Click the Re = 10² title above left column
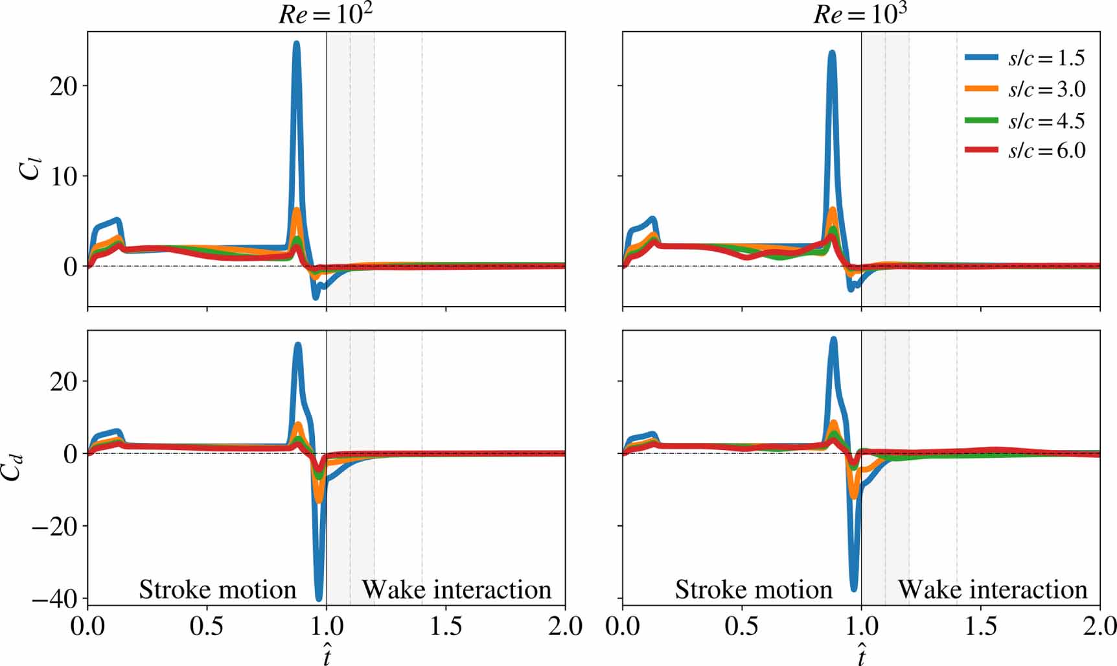click(326, 14)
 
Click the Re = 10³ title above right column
click(860, 14)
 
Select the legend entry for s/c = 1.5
click(1024, 58)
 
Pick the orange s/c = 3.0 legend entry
click(1024, 89)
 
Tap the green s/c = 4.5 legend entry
click(1024, 121)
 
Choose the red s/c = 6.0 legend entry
click(1024, 150)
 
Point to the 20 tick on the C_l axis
click(63, 86)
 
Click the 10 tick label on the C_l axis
click(63, 176)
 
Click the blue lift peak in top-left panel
click(296, 44)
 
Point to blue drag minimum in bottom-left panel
click(319, 598)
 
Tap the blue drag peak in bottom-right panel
click(833, 339)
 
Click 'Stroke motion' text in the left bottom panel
click(218, 589)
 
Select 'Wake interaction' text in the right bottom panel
click(992, 589)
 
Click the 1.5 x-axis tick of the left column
click(446, 627)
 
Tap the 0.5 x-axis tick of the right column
click(742, 627)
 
